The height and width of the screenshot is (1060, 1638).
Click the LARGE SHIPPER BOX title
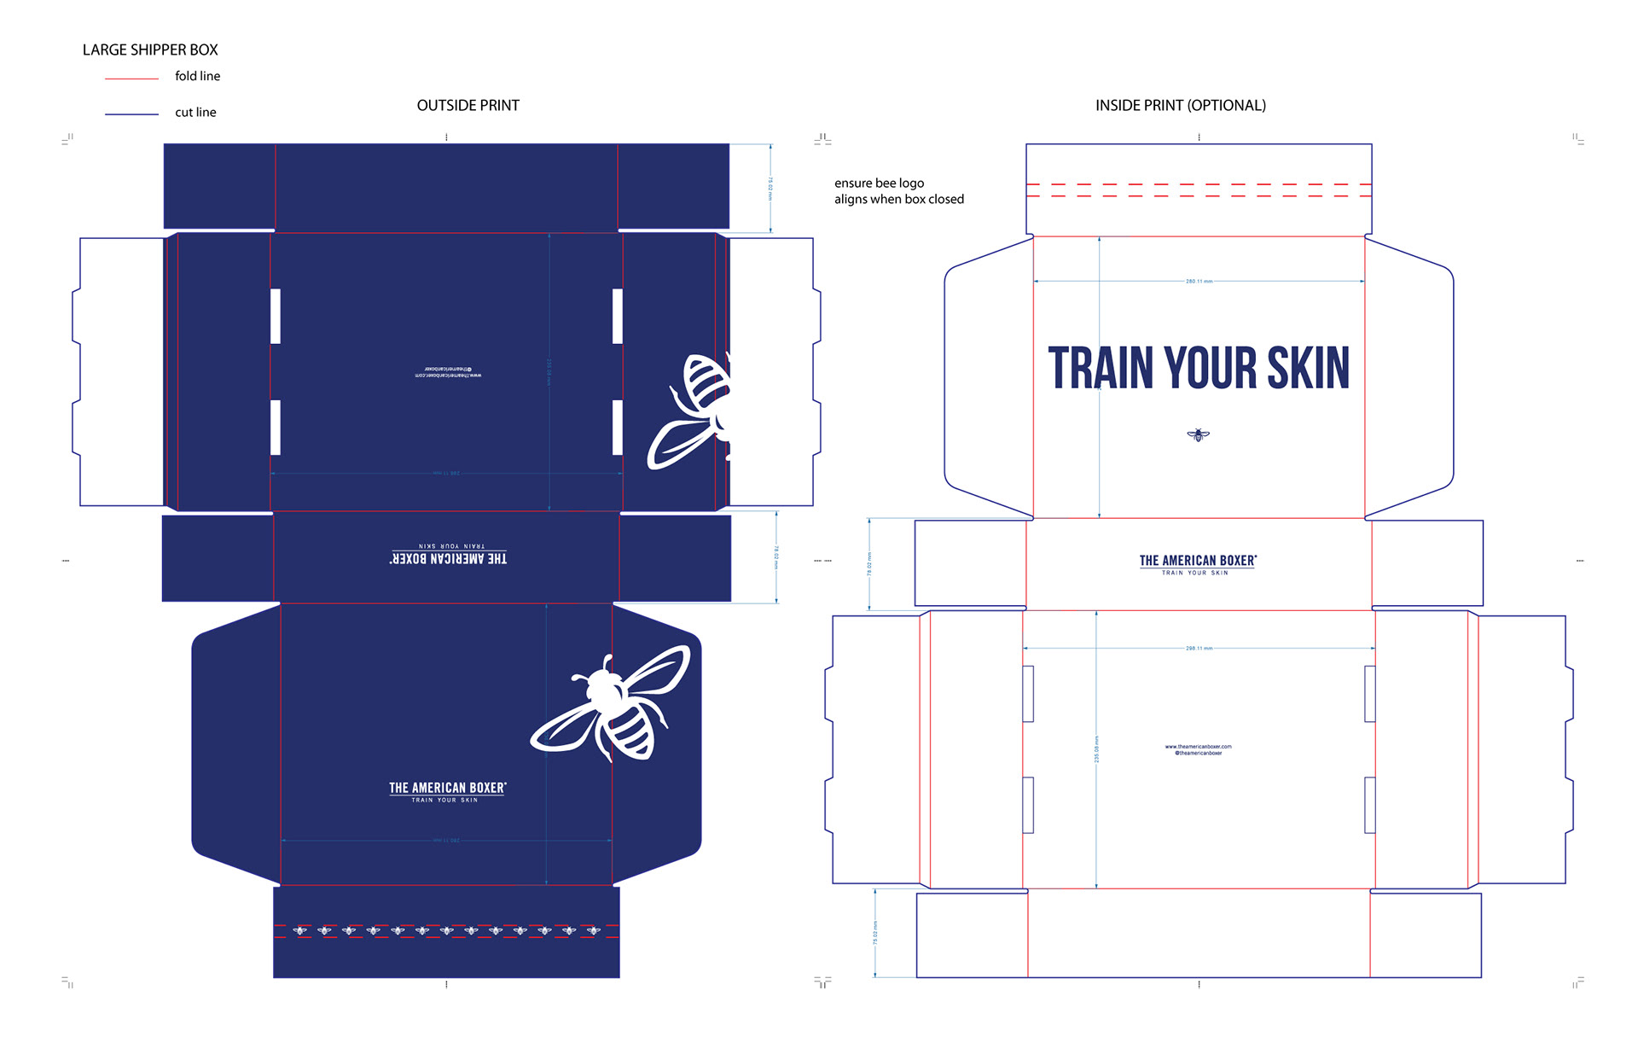pos(150,50)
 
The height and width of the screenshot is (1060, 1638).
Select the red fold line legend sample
pos(131,79)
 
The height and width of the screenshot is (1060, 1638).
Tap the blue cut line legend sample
pos(131,114)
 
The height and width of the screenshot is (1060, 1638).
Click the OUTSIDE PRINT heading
pos(468,106)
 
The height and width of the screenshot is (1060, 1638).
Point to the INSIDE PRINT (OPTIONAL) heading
pos(1180,106)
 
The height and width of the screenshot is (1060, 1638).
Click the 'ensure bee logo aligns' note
pos(898,191)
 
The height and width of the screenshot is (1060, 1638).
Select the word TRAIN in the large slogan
pos(1101,368)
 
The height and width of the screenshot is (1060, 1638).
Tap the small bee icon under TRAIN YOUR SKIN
pos(1198,435)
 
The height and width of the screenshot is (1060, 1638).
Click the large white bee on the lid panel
pos(612,704)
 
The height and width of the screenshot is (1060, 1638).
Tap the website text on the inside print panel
pos(1198,749)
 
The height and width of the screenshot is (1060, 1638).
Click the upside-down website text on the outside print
pos(448,372)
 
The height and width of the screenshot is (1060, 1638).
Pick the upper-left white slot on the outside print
pos(276,317)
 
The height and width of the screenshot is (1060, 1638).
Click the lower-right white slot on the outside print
pos(617,427)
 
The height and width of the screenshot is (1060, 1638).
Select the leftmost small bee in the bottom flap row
pos(300,930)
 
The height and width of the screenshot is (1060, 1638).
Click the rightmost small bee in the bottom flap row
pos(594,930)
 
